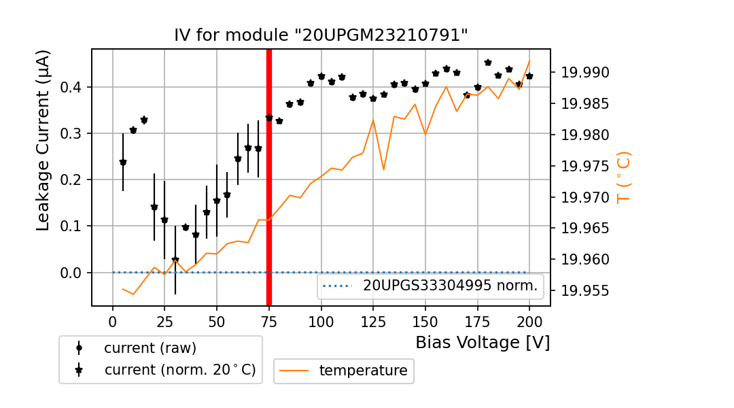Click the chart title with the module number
[321, 35]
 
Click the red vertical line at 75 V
[269, 177]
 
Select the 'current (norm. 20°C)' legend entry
[179, 370]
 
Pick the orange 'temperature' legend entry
[363, 371]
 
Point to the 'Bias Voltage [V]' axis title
[483, 342]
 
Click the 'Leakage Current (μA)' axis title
[43, 140]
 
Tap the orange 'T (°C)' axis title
[623, 177]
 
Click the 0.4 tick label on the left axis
[71, 87]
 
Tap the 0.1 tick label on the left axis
[71, 226]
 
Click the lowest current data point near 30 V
[175, 260]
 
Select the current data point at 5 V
[123, 163]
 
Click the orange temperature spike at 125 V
[373, 120]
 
